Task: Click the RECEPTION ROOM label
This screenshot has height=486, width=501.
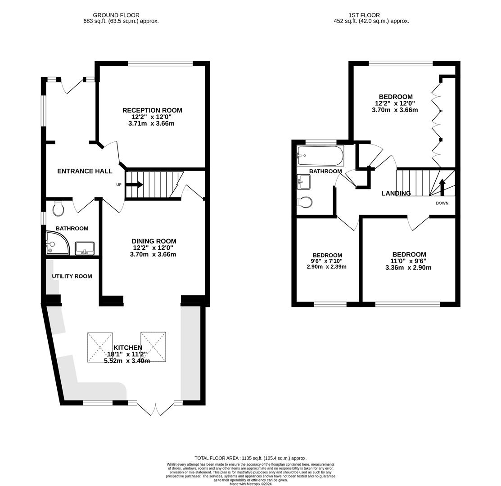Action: point(152,110)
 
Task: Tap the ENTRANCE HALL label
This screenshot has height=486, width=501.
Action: point(85,171)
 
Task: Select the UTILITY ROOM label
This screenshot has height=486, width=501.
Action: point(72,276)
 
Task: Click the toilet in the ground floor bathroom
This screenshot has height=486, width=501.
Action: point(59,209)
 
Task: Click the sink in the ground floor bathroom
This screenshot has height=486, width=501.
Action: point(85,248)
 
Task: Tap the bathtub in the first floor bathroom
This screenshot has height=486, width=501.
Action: point(320,156)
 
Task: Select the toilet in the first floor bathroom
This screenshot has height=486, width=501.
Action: point(305,202)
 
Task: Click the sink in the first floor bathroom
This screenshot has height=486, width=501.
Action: point(303,182)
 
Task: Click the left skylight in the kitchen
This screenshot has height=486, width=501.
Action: point(100,347)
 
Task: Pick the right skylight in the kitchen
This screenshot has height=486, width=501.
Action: point(153,347)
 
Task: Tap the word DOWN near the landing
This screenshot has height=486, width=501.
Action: point(442,203)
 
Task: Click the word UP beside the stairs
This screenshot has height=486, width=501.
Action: point(119,184)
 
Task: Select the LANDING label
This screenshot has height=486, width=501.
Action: point(396,193)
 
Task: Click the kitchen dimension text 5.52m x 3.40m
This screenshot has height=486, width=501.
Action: point(127,361)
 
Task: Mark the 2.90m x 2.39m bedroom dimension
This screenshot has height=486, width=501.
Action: point(326,267)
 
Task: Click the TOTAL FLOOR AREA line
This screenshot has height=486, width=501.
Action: point(250,458)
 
